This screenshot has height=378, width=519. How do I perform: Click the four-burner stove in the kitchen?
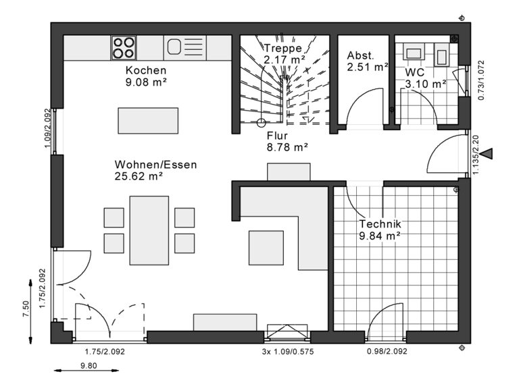124,47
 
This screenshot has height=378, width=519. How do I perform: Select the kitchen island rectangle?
148,121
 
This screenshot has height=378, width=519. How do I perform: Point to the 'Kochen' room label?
146,71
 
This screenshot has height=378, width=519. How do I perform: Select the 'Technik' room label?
380,224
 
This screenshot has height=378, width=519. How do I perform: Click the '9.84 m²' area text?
380,236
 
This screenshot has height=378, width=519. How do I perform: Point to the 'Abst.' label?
360,55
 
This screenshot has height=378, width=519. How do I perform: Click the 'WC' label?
415,72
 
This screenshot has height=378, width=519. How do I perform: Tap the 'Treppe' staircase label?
282,49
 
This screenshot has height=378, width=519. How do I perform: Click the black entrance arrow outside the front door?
485,155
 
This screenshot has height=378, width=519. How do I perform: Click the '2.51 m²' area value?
368,67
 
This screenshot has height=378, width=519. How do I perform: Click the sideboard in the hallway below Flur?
289,172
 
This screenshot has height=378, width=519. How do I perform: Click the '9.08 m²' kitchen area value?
146,82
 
